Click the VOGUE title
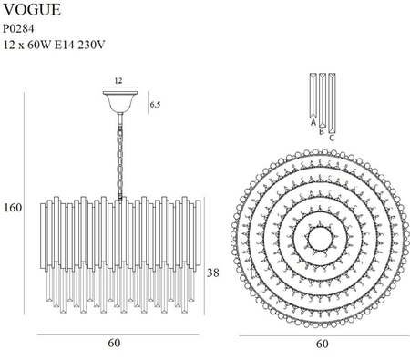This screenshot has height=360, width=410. click(33, 11)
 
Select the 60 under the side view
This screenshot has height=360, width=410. click(114, 344)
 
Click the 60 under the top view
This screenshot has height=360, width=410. click(322, 344)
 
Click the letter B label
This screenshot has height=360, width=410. click(322, 129)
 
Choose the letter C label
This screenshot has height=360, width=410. click(331, 137)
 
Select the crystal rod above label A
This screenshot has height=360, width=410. click(313, 95)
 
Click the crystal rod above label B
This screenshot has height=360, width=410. click(322, 98)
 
